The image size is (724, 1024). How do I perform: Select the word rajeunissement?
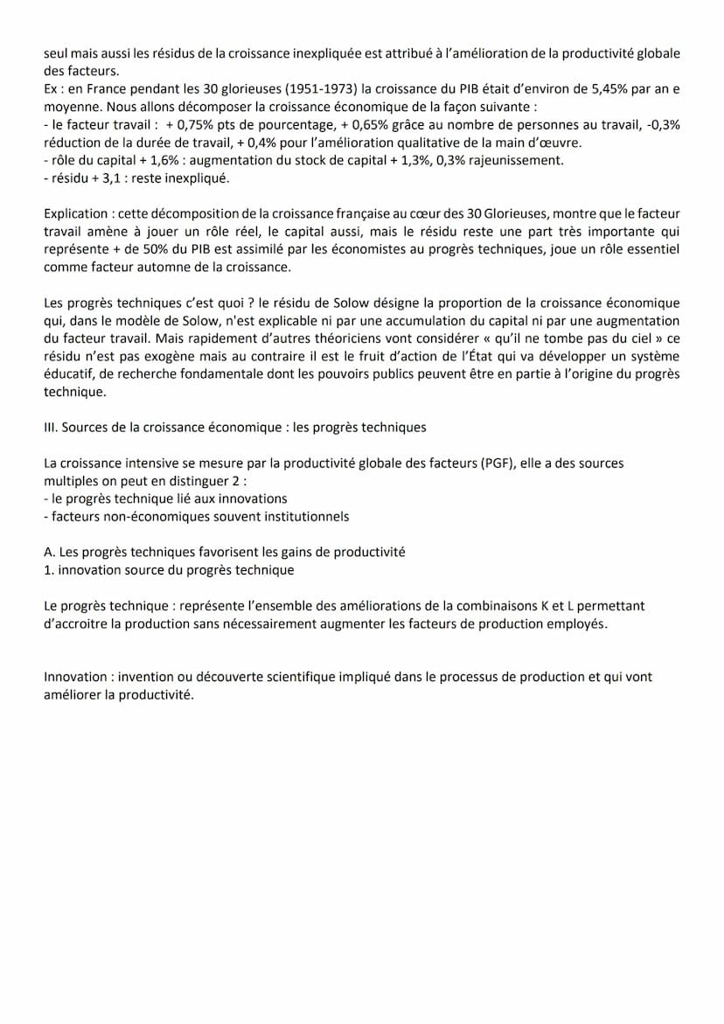click(518, 160)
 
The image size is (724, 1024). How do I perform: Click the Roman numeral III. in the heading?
click(51, 428)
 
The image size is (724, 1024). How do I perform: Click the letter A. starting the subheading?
click(50, 553)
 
